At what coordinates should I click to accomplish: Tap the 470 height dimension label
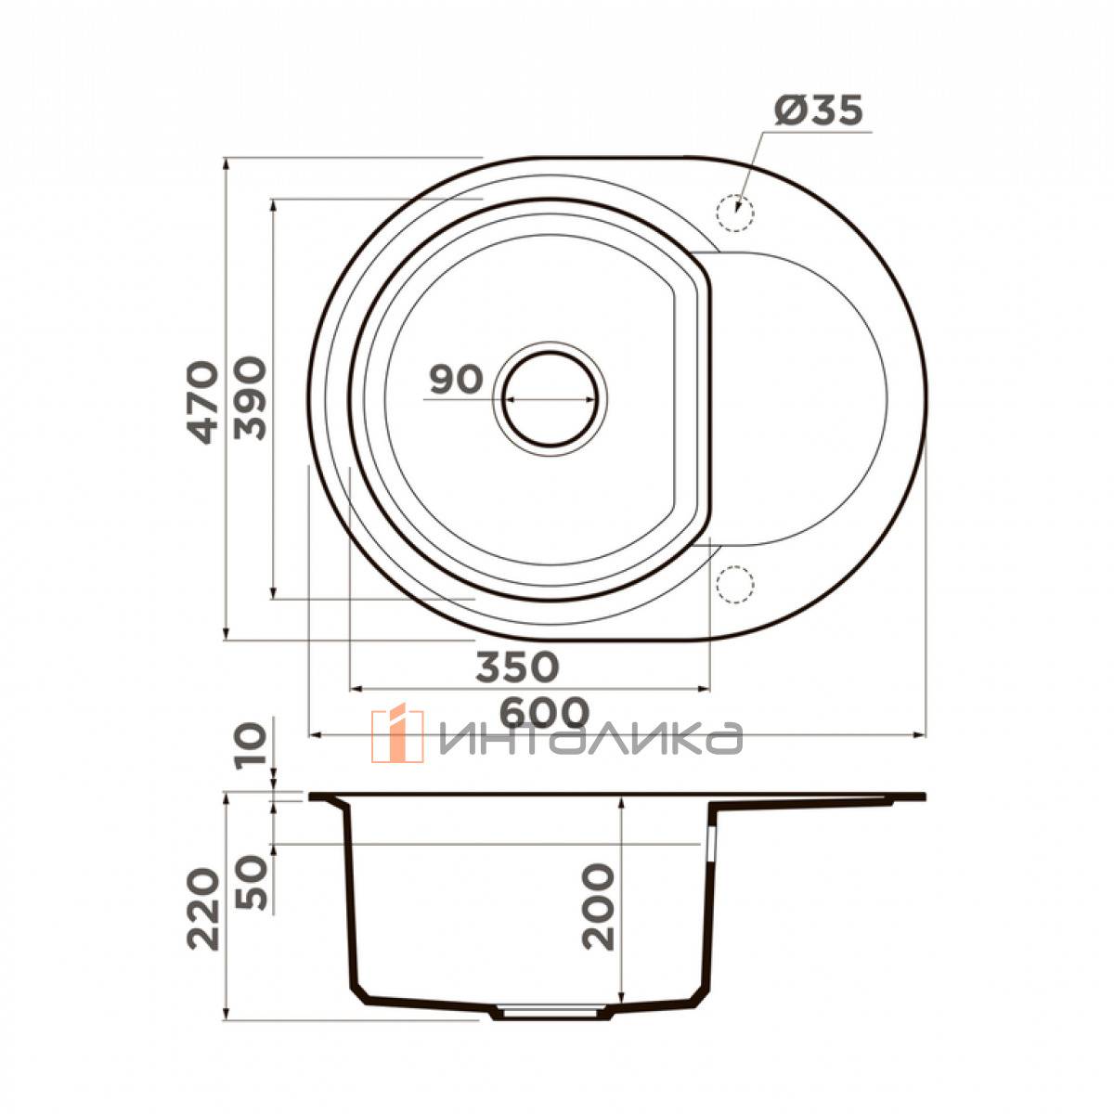coord(203,402)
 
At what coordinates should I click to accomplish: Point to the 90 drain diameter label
coord(456,379)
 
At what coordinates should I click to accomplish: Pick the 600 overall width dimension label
coord(545,712)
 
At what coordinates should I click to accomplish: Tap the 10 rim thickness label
coord(251,747)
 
